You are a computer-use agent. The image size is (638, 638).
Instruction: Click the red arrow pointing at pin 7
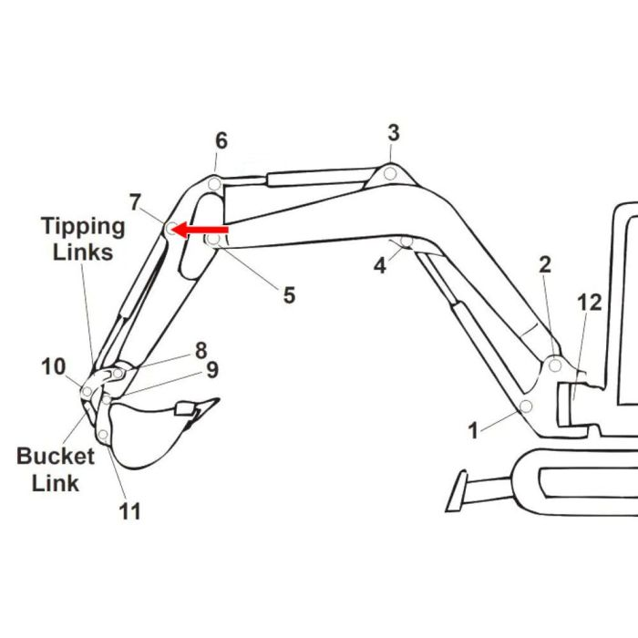pos(200,230)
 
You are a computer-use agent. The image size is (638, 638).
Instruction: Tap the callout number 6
pos(221,140)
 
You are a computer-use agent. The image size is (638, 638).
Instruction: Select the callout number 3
pos(394,133)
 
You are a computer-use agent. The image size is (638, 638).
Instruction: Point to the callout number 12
pos(589,303)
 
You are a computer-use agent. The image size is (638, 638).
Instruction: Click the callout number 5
pos(289,295)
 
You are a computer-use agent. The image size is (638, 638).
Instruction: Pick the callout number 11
pos(129,511)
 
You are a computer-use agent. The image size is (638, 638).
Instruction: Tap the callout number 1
pos(473,430)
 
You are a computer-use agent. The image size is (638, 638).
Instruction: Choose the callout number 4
pos(380,266)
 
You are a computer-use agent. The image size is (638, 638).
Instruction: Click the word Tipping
pos(83,228)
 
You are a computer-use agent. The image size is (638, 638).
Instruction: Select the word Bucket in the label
pos(56,456)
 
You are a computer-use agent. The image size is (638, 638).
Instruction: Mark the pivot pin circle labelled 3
pos(390,174)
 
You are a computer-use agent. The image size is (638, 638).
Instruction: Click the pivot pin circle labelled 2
pos(555,365)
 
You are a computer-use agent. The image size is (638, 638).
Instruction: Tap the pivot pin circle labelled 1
pos(526,406)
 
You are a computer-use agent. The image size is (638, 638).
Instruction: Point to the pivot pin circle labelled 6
pos(214,184)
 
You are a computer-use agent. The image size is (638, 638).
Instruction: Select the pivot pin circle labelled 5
pos(213,239)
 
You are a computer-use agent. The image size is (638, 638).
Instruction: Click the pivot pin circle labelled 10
pos(87,392)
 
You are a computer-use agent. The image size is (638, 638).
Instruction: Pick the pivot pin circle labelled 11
pos(103,435)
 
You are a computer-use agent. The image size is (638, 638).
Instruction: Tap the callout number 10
pos(53,366)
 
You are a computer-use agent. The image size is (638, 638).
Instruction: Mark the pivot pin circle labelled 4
pos(406,242)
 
